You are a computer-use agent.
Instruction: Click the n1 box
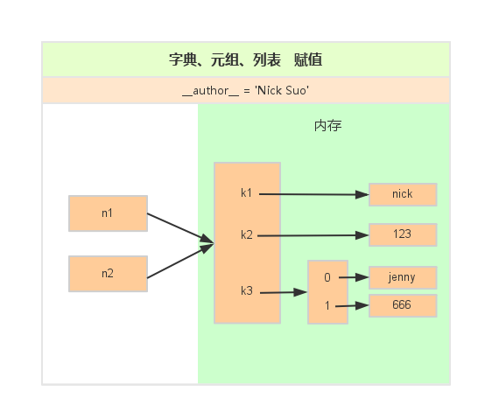click(x=108, y=213)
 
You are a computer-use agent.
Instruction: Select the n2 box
click(x=108, y=273)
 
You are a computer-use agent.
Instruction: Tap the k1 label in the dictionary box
click(x=246, y=193)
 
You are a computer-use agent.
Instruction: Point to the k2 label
click(x=246, y=235)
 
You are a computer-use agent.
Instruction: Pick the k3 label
click(x=246, y=291)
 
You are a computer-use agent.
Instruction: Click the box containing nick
click(x=402, y=194)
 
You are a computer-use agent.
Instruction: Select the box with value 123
click(x=402, y=234)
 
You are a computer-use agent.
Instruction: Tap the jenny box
click(x=402, y=277)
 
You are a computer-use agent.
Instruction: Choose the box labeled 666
click(x=402, y=305)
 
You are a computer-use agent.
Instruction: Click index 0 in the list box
click(x=327, y=277)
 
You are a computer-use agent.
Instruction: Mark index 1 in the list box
click(x=327, y=306)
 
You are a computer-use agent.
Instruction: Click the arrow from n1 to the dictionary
click(x=179, y=228)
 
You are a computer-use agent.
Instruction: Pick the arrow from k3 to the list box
click(x=282, y=293)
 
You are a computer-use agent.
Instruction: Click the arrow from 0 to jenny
click(x=350, y=277)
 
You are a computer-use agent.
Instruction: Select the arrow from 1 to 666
click(x=350, y=305)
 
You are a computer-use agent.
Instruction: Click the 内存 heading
click(x=327, y=126)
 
